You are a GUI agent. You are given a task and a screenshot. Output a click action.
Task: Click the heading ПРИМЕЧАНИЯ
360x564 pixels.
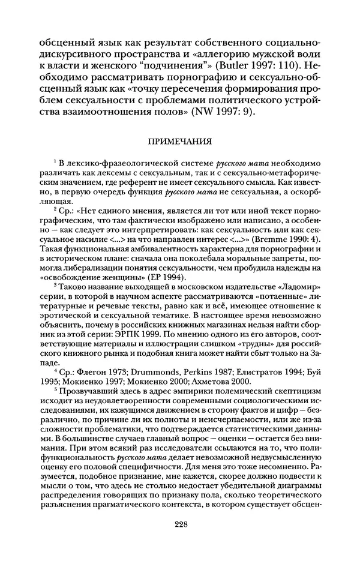[180, 142]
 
